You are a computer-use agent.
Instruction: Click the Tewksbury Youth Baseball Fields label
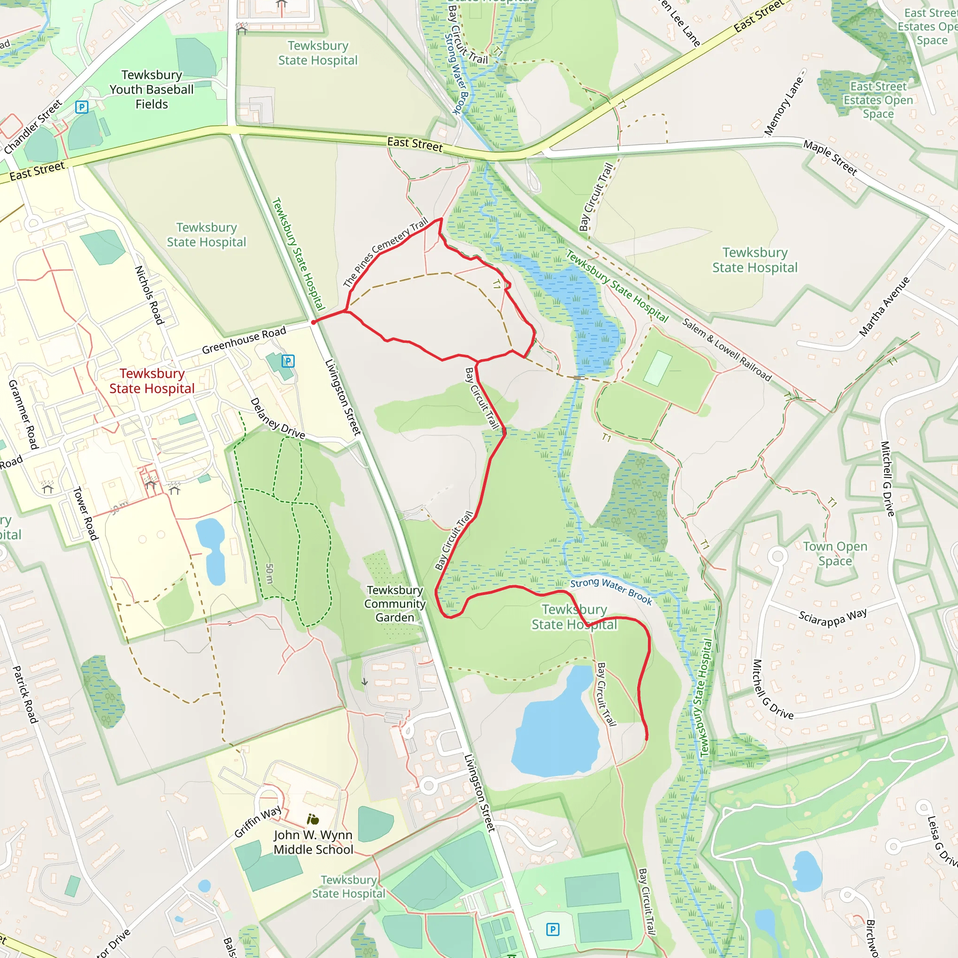pyautogui.click(x=152, y=90)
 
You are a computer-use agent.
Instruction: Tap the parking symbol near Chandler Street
pyautogui.click(x=82, y=107)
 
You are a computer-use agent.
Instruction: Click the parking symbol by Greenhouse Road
pyautogui.click(x=288, y=361)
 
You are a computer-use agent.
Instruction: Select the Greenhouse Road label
pyautogui.click(x=244, y=340)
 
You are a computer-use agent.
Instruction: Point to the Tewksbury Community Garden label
pyautogui.click(x=395, y=603)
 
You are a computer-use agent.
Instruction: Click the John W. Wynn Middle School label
pyautogui.click(x=313, y=842)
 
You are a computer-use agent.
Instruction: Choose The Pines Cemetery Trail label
pyautogui.click(x=385, y=253)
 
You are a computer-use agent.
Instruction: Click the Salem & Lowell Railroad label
pyautogui.click(x=727, y=349)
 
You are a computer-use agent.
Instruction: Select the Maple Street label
pyautogui.click(x=830, y=158)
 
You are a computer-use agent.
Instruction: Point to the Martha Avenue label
pyautogui.click(x=885, y=306)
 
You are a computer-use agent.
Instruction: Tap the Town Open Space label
pyautogui.click(x=835, y=553)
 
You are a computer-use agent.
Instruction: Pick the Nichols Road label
pyautogui.click(x=149, y=295)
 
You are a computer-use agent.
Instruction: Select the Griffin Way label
pyautogui.click(x=258, y=821)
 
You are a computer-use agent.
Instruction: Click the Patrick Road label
pyautogui.click(x=25, y=694)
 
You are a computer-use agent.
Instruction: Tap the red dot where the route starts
pyautogui.click(x=313, y=322)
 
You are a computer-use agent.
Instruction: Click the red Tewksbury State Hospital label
pyautogui.click(x=152, y=381)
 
